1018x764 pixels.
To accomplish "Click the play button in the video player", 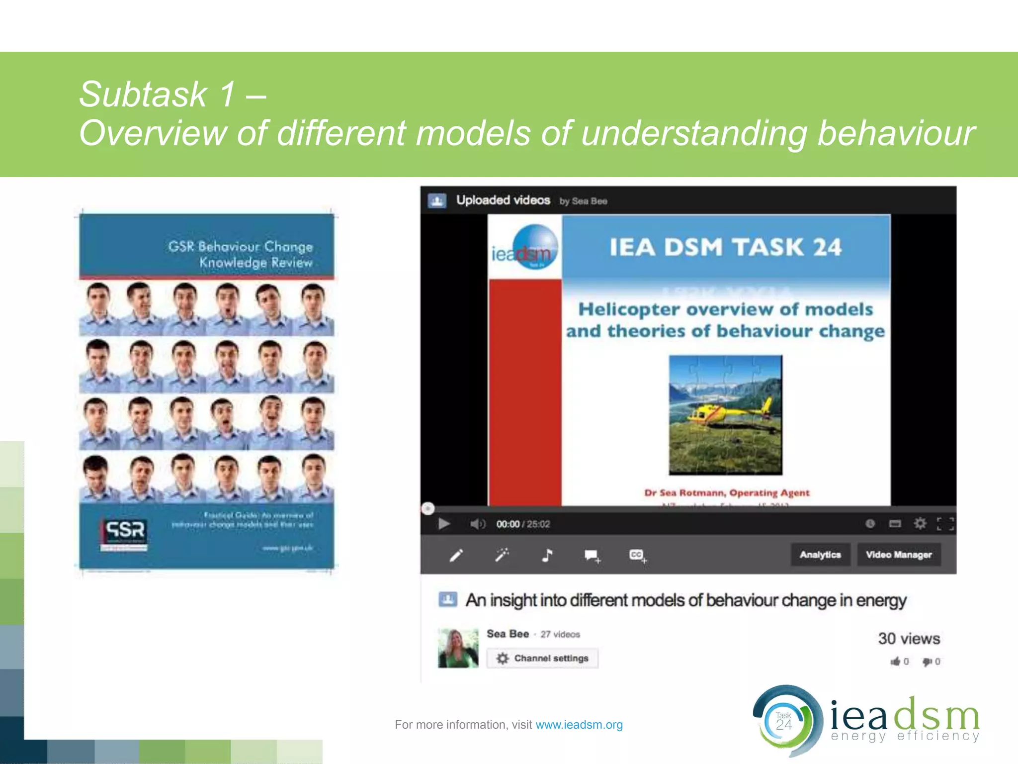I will (444, 524).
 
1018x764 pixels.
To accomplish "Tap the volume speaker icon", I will (477, 524).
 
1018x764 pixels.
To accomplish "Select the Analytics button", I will (820, 555).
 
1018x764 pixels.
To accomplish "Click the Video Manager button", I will (899, 555).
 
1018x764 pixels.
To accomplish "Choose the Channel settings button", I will (542, 658).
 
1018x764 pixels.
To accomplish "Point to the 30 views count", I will (909, 638).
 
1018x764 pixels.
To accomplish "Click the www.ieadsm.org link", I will (579, 725).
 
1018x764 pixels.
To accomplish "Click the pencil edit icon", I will (456, 555).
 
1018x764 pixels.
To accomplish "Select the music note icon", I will (547, 555).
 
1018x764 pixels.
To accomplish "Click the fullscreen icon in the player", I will (945, 524).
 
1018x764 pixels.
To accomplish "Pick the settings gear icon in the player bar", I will (920, 524).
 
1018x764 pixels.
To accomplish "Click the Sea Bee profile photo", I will (458, 648).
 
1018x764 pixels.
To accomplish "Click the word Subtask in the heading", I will (143, 94).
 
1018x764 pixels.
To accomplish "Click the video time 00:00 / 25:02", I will (523, 524).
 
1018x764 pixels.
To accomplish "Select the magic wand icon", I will (502, 555).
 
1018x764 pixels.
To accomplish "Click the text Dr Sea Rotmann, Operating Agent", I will (727, 493).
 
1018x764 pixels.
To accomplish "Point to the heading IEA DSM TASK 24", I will (726, 247).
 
